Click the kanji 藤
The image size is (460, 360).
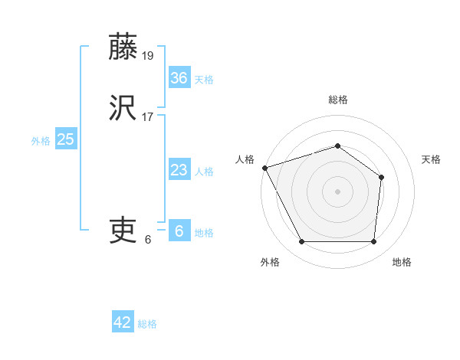(123, 47)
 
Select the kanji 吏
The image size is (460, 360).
(123, 229)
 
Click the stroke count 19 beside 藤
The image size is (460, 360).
(149, 55)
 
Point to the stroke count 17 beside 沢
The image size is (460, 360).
(149, 117)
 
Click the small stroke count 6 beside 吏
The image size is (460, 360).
(148, 239)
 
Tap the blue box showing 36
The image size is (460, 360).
(179, 77)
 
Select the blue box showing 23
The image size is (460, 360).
(179, 170)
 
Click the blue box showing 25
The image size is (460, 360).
(66, 139)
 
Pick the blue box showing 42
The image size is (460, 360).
(123, 322)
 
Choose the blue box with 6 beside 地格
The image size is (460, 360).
(179, 231)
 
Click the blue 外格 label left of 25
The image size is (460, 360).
(41, 140)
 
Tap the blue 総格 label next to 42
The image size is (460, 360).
(147, 324)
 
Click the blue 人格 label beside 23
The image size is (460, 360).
(204, 172)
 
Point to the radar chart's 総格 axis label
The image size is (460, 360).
(337, 100)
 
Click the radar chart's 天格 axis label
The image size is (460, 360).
(431, 159)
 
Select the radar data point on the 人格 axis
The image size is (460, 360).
(264, 168)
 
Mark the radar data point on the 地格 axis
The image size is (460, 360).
(373, 242)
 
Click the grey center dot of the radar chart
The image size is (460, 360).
(337, 191)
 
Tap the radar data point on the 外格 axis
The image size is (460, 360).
(301, 242)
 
